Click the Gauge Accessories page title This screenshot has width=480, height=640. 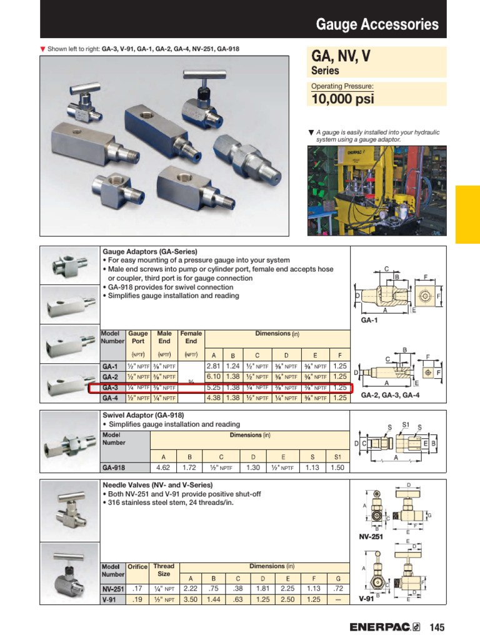click(x=377, y=24)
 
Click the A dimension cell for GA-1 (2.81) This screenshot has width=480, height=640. click(x=214, y=366)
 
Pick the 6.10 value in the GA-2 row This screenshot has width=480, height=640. click(x=214, y=377)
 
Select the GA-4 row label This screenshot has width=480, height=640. click(x=111, y=397)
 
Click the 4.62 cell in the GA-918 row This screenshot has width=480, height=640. click(x=162, y=467)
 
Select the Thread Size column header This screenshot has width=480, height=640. click(x=164, y=570)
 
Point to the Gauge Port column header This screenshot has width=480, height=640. click(x=138, y=337)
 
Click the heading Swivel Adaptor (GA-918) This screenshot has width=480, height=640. click(x=143, y=415)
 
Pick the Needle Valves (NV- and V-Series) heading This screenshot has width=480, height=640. click(x=157, y=485)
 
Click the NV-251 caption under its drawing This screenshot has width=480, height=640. click(x=371, y=536)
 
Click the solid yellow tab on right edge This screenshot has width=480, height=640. click(x=467, y=214)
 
